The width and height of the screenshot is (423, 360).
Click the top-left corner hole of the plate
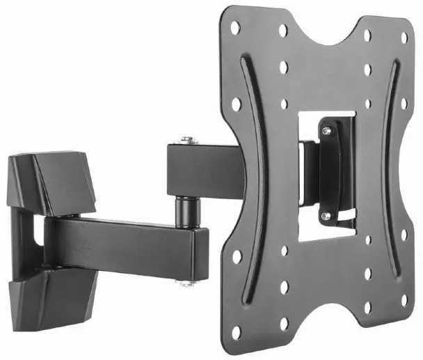tap(235, 27)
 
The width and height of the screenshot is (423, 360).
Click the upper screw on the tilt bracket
tap(326, 130)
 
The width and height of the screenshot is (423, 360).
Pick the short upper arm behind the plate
tap(202, 171)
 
